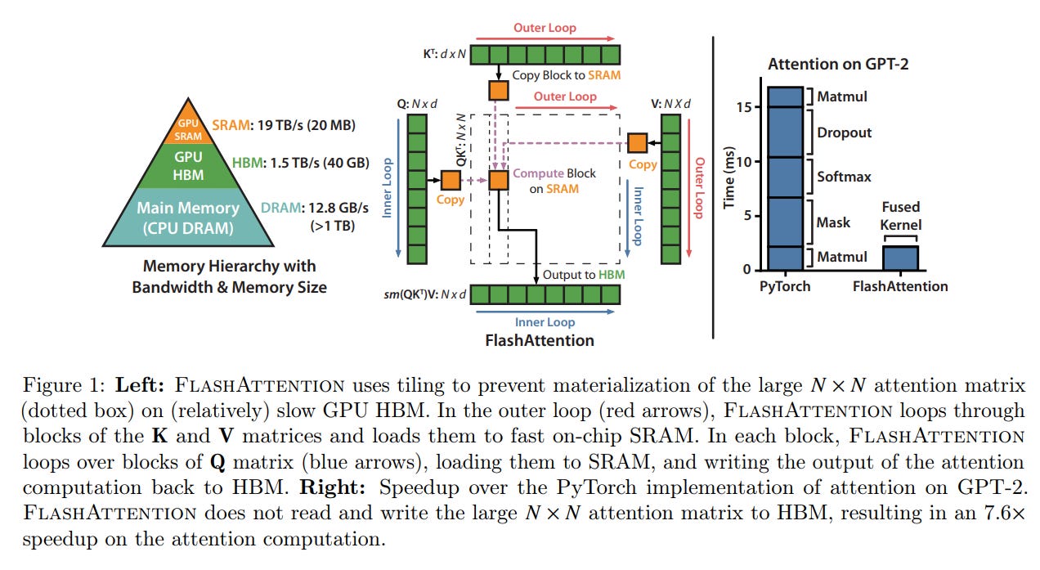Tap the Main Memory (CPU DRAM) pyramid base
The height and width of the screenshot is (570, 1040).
pos(188,217)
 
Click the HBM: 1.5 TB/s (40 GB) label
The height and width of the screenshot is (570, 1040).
pos(300,163)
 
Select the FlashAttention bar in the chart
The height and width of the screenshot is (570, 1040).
pos(900,258)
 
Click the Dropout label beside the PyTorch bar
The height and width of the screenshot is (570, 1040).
pos(845,132)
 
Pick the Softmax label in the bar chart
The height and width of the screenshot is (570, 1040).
pos(844,177)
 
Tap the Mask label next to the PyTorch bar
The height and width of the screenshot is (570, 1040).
pos(834,222)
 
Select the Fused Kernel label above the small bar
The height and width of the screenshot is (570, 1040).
pos(901,216)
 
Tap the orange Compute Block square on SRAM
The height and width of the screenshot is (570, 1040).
pos(499,180)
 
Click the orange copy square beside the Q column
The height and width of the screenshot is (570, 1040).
pos(451,180)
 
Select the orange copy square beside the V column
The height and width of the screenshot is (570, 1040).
pos(638,143)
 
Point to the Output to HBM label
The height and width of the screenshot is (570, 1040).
pos(584,274)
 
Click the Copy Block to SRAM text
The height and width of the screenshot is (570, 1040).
pos(566,75)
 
